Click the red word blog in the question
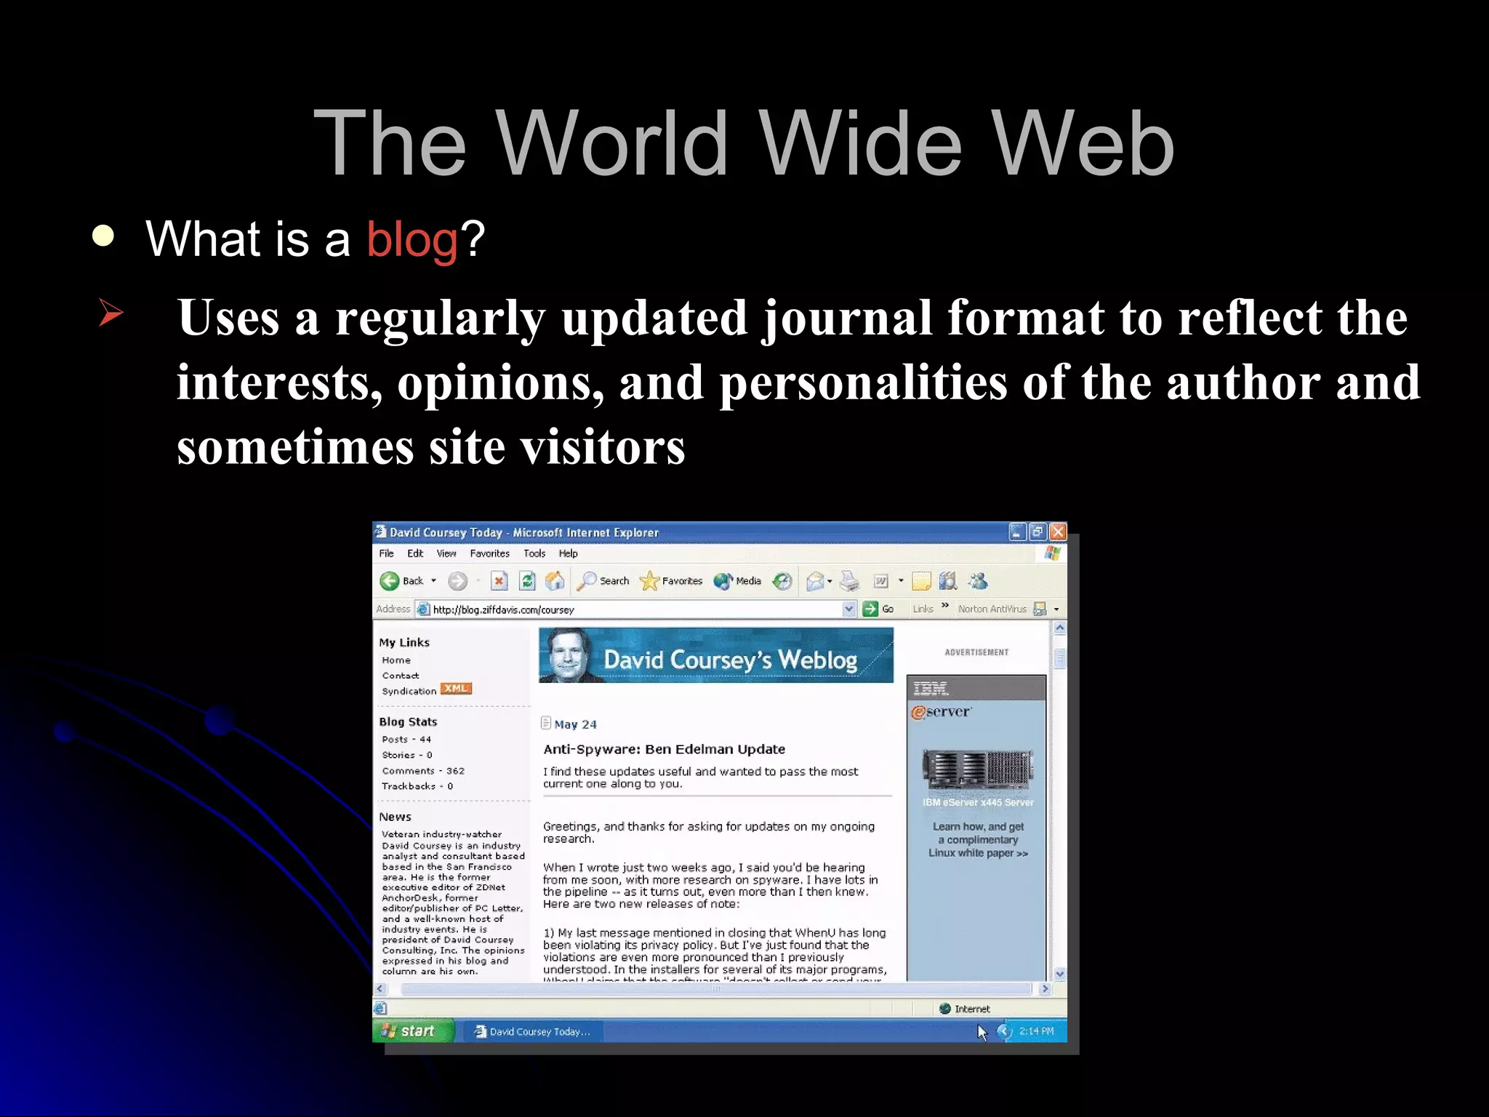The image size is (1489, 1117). coord(412,239)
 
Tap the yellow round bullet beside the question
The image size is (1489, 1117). coord(103,236)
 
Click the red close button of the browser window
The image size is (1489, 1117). coord(1058,532)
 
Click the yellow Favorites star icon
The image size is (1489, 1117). coord(649,581)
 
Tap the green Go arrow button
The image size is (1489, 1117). coord(870,609)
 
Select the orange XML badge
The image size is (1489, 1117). coord(456,689)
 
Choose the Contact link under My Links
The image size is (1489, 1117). coord(400,676)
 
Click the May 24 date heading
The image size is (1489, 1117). coord(575,724)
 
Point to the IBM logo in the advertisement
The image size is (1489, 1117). coord(931,688)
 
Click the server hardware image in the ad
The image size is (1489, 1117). coord(977,770)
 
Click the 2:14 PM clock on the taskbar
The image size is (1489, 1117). coord(1036,1031)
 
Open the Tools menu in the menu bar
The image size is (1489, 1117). coord(534,553)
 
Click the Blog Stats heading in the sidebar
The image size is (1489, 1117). coord(408,721)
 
